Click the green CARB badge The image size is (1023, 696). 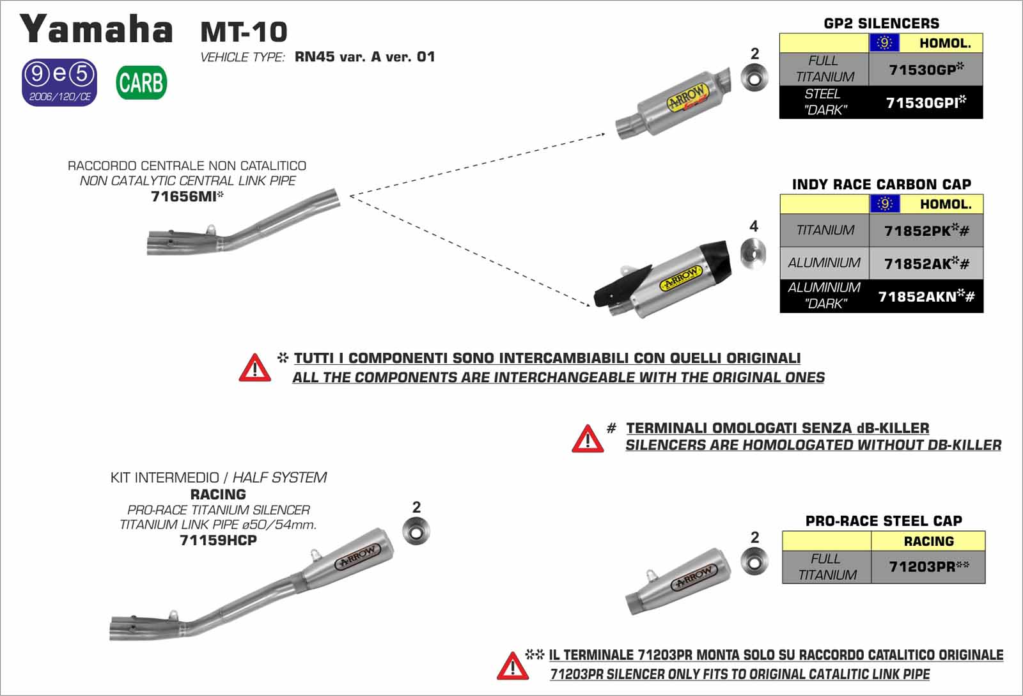(x=141, y=82)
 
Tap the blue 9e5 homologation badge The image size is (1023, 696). (x=59, y=82)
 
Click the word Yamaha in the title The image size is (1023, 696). (x=97, y=29)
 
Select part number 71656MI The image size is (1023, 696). (x=187, y=197)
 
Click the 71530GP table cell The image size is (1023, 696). (x=925, y=70)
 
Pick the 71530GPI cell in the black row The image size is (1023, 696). (x=925, y=102)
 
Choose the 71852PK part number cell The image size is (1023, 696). (x=926, y=231)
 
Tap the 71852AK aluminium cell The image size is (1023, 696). (x=926, y=263)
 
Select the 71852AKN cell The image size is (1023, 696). (x=926, y=297)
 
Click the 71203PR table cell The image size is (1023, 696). (x=928, y=567)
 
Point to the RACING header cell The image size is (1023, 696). (x=928, y=541)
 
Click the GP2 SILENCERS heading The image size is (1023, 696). (x=881, y=24)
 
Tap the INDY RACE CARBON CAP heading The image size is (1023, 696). (x=881, y=185)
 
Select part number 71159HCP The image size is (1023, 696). (x=218, y=541)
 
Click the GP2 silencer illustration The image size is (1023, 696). (x=675, y=104)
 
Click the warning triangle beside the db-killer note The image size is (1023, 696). (x=587, y=438)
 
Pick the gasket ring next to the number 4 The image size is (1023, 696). (x=753, y=252)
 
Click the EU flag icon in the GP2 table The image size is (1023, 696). (x=884, y=43)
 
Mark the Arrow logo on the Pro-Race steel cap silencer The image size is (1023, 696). (x=692, y=578)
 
